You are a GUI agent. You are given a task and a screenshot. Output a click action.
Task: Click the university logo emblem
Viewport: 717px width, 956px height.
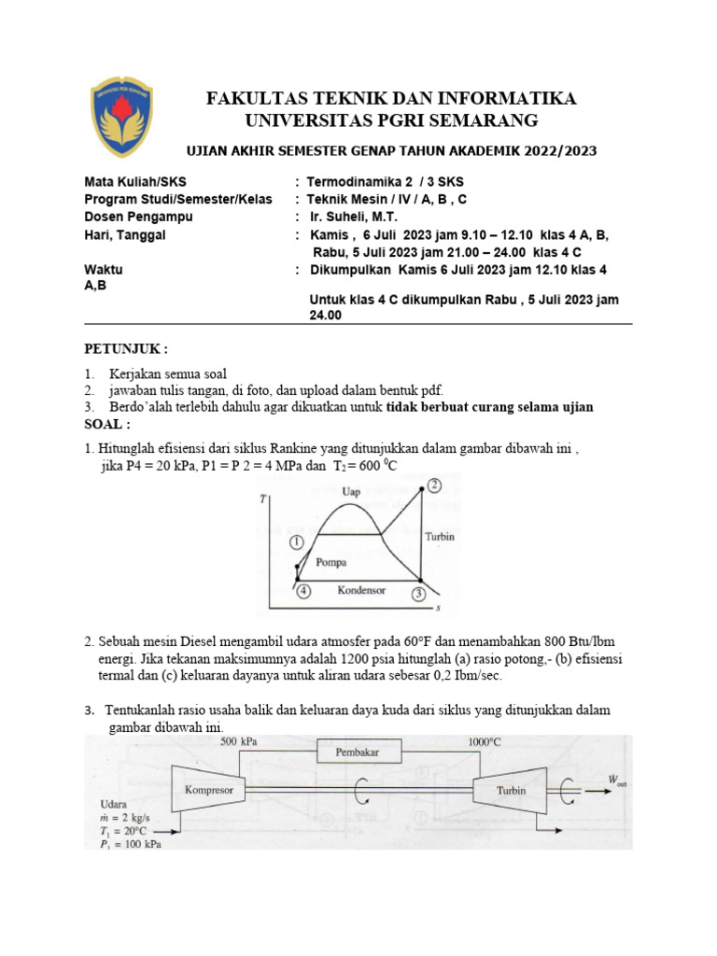tap(121, 117)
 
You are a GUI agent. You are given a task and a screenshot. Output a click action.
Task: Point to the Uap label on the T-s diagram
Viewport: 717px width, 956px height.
tap(352, 492)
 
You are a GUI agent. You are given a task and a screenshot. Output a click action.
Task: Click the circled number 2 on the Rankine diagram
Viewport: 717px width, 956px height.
tap(433, 485)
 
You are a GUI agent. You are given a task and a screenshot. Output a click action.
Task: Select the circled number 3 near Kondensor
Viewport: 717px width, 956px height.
tap(420, 593)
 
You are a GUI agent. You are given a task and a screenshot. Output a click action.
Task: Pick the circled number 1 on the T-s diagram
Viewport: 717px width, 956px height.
tap(296, 542)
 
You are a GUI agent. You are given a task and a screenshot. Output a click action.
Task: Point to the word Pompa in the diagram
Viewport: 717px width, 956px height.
tap(332, 563)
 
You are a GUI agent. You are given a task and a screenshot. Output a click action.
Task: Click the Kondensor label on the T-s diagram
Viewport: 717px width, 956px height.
tap(361, 591)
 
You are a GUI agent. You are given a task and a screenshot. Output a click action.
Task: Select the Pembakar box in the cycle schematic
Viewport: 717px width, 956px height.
tap(359, 751)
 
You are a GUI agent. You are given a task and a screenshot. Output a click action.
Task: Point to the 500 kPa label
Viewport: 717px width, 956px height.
tap(241, 742)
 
